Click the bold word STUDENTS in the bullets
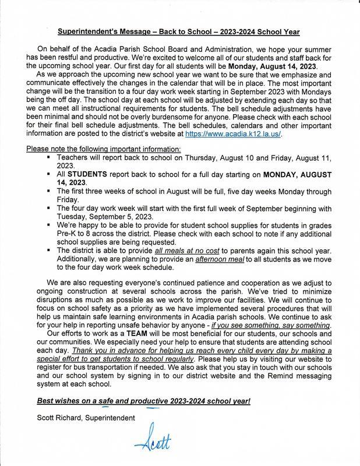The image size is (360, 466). [x=87, y=174]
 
